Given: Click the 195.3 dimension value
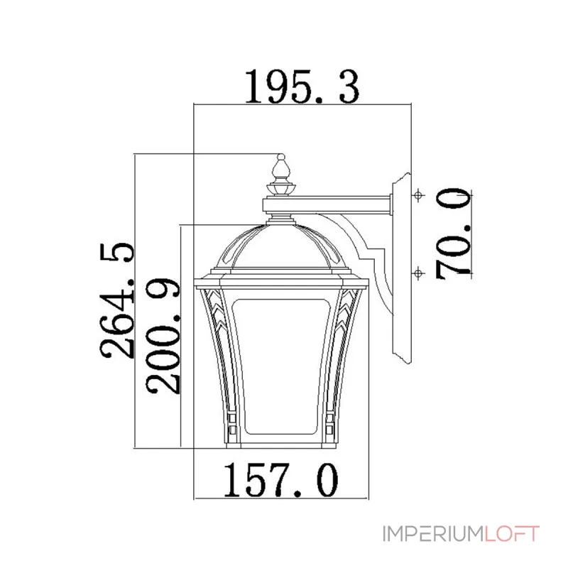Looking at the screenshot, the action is click(x=302, y=86).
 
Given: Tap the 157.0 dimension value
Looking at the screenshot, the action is click(x=281, y=481).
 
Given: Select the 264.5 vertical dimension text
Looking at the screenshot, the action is click(x=117, y=300).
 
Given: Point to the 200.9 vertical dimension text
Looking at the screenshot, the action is click(x=163, y=336).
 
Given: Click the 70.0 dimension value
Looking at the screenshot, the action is click(x=454, y=234).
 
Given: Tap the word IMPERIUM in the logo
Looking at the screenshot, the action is click(x=434, y=534).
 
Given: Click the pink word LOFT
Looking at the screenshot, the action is click(x=512, y=534).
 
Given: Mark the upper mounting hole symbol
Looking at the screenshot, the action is click(x=418, y=195).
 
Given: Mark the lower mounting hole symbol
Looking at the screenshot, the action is click(x=418, y=273).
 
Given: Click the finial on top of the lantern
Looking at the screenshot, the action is click(x=281, y=175).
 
